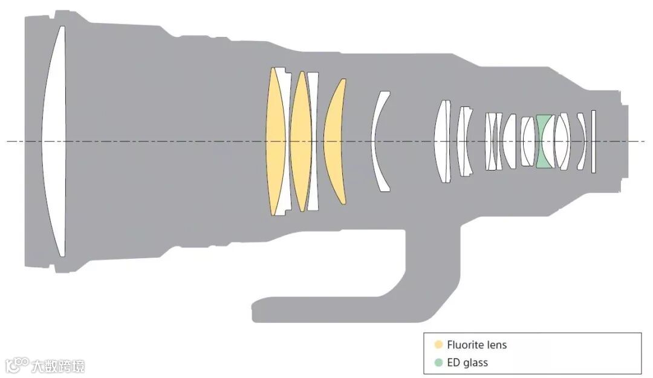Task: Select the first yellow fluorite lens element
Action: pos(276,142)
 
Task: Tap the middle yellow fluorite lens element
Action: pos(300,142)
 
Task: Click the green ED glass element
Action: pos(544,142)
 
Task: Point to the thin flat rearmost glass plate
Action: pos(594,142)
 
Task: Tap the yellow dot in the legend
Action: pos(438,345)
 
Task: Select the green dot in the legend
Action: pos(438,363)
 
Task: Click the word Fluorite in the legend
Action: pos(466,345)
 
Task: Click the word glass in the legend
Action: pos(475,363)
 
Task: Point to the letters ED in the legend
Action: pos(453,363)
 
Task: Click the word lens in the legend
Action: pos(497,345)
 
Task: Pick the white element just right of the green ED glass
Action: pos(562,142)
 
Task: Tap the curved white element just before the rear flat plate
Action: pos(582,142)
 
